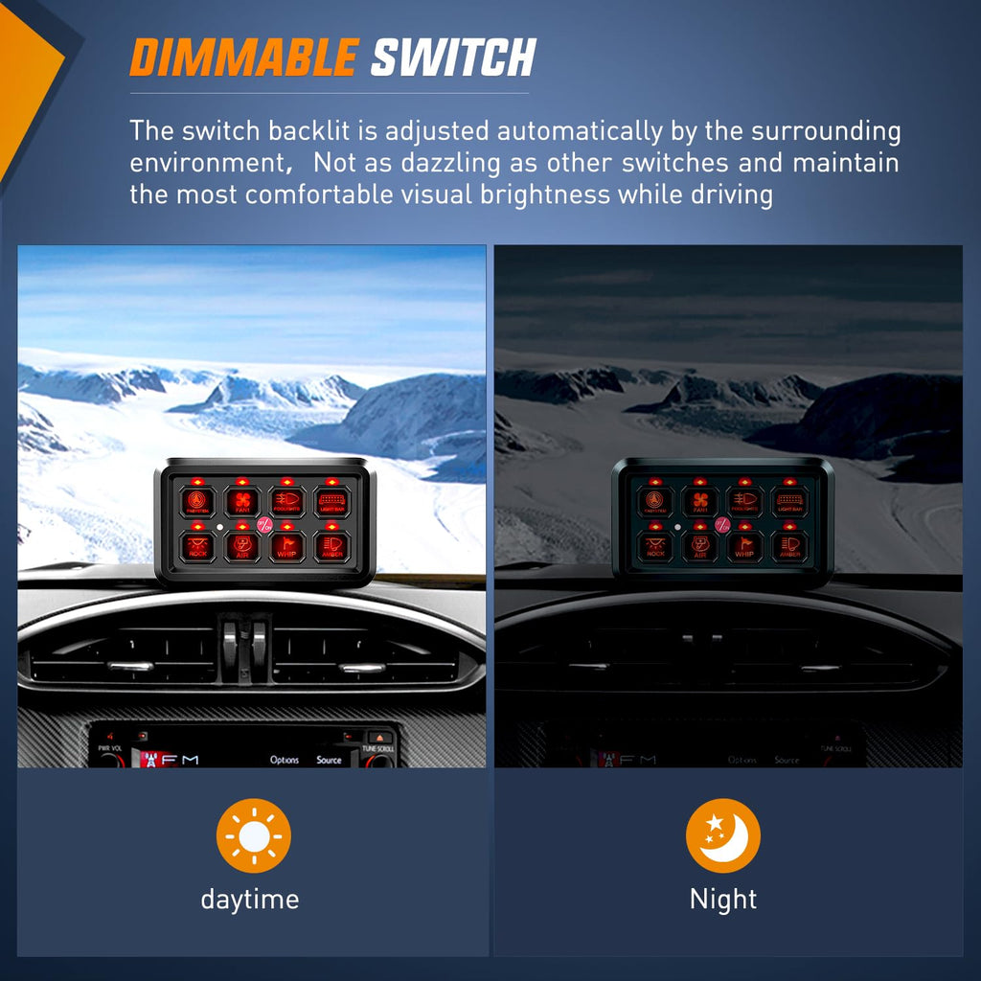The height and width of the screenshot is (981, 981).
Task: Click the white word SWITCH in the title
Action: tap(452, 58)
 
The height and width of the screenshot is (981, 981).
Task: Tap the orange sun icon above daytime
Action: tap(253, 836)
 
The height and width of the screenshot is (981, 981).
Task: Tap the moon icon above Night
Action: tap(723, 836)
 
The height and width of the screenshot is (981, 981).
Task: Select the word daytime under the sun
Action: tap(250, 900)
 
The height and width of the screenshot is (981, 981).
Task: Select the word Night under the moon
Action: tap(723, 900)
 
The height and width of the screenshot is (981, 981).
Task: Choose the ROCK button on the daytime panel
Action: tap(197, 546)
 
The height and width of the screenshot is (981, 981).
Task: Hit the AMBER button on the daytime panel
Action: tap(332, 546)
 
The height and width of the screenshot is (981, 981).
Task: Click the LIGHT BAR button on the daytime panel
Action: tap(332, 501)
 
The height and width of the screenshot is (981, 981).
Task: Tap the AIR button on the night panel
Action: tap(700, 546)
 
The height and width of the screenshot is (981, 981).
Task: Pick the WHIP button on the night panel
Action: tap(745, 546)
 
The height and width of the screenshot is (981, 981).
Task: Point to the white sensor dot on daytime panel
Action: tap(219, 528)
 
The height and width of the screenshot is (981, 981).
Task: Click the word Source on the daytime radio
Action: tap(329, 760)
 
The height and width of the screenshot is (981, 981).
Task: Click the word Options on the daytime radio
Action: tap(285, 760)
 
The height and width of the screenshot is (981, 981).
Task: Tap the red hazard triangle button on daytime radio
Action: tap(382, 738)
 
